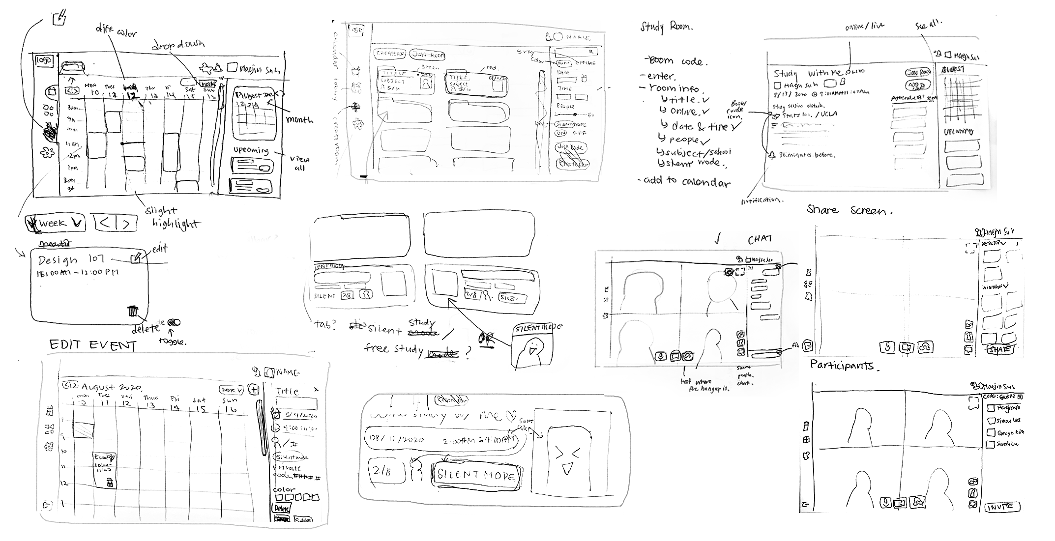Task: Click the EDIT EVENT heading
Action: point(92,345)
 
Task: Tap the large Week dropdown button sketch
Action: point(55,224)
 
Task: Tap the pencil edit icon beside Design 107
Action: point(136,257)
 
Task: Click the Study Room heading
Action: point(666,27)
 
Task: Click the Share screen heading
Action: point(849,210)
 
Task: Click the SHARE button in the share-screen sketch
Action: point(1000,349)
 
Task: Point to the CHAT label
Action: point(760,239)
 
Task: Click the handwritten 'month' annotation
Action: point(299,119)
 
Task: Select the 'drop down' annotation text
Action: point(177,45)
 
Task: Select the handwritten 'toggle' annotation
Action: point(173,341)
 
